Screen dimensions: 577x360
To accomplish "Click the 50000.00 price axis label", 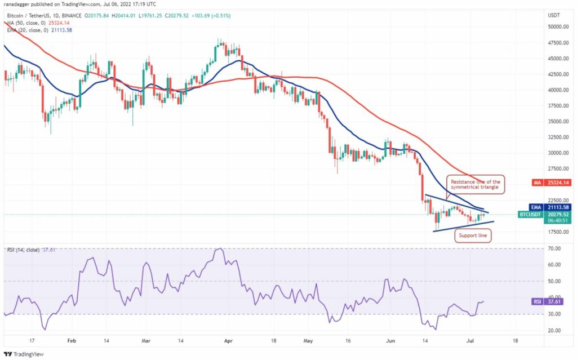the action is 558,27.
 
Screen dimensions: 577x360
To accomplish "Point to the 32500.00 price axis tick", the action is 558,137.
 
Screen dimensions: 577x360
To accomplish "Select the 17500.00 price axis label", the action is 558,232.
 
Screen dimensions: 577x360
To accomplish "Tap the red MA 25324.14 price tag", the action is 551,183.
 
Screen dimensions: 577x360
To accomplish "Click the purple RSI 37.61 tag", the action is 548,302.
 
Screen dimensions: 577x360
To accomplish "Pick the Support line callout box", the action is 473,235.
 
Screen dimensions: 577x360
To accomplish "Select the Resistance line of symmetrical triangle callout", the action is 476,184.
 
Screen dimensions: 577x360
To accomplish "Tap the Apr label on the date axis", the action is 228,341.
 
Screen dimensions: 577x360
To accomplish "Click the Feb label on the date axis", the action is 72,341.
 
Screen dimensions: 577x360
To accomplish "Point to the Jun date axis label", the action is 390,341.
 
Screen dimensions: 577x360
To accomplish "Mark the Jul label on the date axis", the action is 470,341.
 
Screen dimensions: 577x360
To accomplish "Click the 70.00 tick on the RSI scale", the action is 555,248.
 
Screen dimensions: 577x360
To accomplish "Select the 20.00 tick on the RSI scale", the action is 555,331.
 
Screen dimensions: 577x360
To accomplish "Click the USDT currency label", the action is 554,15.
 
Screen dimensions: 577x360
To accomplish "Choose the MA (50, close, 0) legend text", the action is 26,23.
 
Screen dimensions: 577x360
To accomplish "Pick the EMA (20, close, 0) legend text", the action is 28,30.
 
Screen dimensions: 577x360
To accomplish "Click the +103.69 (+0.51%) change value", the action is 211,16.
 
